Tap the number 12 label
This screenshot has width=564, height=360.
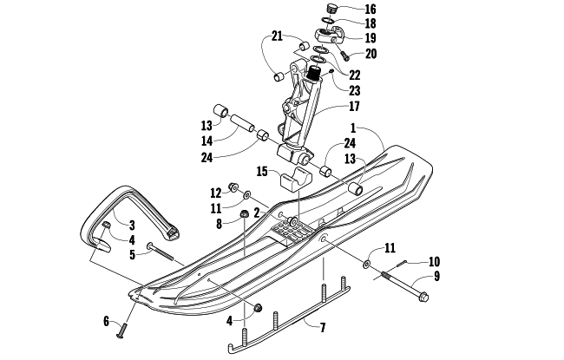pos(216,192)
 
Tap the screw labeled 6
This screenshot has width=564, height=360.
pos(122,329)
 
